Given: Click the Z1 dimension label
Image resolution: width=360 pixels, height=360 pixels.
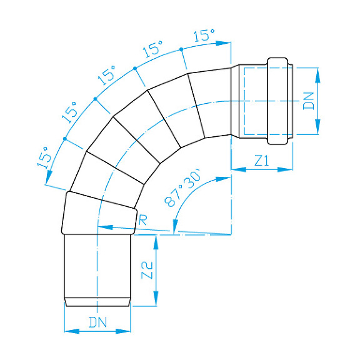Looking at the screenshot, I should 261,160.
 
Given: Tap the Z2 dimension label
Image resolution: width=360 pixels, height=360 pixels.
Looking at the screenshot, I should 147,270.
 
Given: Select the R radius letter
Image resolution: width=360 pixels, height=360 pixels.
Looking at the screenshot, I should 142,219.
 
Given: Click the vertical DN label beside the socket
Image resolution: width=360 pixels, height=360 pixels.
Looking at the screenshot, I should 308,100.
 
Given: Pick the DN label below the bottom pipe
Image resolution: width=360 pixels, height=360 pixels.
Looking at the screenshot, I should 97,322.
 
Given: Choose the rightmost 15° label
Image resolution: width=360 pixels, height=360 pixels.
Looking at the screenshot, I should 204,36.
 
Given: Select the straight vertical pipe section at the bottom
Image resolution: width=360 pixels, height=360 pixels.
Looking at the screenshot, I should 97,266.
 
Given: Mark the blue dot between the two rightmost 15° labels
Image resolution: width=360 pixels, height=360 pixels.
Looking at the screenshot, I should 181,49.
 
